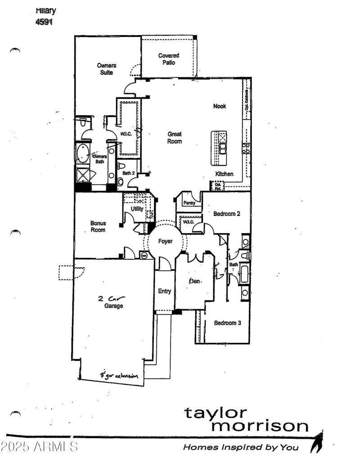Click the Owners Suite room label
tap(107, 69)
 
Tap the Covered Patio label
tap(169, 59)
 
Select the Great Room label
tap(175, 138)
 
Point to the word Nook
tap(220, 106)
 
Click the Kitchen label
tap(224, 174)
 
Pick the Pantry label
tap(189, 203)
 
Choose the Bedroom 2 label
tap(227, 214)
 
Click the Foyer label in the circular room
tap(166, 242)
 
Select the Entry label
tap(164, 291)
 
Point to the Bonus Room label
tap(98, 226)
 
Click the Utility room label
tap(137, 209)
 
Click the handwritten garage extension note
tap(119, 375)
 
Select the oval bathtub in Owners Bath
tap(83, 154)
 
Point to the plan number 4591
tap(44, 21)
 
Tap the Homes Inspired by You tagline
tap(240, 447)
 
